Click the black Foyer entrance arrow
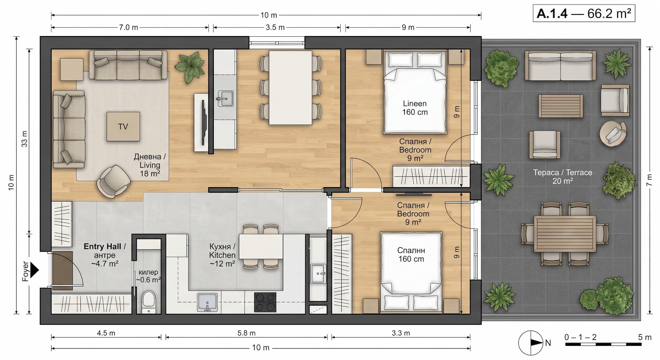coord(34,270)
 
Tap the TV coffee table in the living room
coord(123,126)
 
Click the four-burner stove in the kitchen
coord(265,302)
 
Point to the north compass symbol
coord(531,342)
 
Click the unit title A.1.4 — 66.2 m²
coord(584,14)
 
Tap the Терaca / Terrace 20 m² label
coord(562,176)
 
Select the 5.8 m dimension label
coord(246,333)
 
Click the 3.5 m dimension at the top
coord(275,27)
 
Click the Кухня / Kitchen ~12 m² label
coord(222,255)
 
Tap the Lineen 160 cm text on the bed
coord(415,108)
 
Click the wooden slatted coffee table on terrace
coord(560,106)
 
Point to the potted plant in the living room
coord(188,67)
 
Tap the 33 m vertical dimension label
coord(24,139)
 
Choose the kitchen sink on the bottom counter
coord(207,302)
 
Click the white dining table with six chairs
coord(290,87)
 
